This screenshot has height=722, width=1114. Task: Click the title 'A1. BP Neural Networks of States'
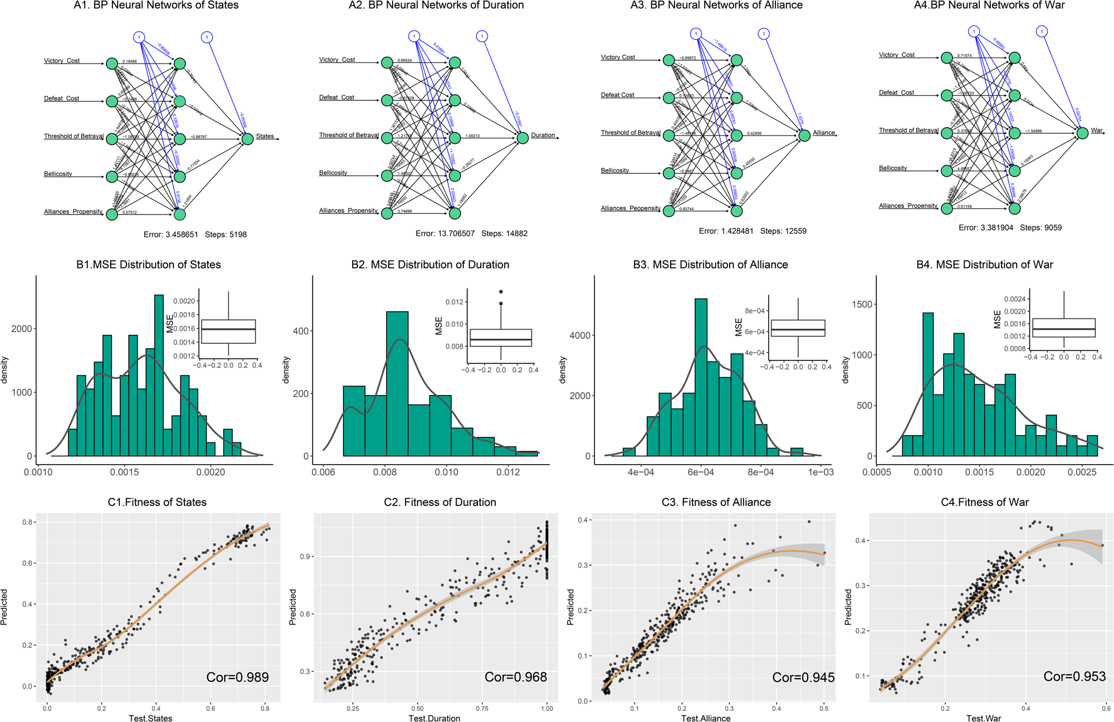click(x=156, y=6)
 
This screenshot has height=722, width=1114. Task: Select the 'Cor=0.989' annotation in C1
click(x=237, y=677)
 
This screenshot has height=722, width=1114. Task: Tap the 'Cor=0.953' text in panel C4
click(x=1074, y=676)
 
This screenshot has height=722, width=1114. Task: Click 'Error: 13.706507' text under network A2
click(x=444, y=233)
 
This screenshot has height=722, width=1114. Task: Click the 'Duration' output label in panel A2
click(x=543, y=135)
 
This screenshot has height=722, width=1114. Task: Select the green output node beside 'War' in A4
click(x=1082, y=133)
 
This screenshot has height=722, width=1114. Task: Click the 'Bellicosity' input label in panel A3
click(x=614, y=170)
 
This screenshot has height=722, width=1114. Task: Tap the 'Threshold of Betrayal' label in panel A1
click(x=74, y=136)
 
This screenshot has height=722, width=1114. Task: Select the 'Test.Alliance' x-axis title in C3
click(x=705, y=718)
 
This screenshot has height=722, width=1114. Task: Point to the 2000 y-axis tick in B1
click(x=22, y=329)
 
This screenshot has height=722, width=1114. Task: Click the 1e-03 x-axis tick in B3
click(x=820, y=472)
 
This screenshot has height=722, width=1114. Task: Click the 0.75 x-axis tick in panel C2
click(x=482, y=708)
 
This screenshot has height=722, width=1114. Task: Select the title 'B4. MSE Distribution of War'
click(x=984, y=265)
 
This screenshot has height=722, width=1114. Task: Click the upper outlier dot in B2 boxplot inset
click(x=501, y=291)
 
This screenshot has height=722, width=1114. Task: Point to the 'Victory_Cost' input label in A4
click(x=896, y=55)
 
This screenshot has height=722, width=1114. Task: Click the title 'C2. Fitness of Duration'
click(x=439, y=502)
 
